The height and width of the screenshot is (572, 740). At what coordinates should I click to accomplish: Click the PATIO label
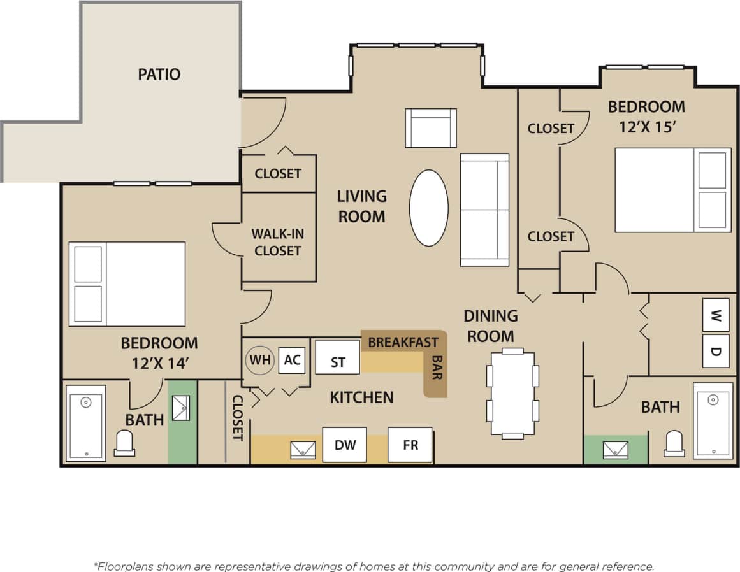pyautogui.click(x=159, y=75)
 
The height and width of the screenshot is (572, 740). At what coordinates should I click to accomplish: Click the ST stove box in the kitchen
pyautogui.click(x=338, y=362)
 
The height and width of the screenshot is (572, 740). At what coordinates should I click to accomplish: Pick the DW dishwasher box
pyautogui.click(x=344, y=445)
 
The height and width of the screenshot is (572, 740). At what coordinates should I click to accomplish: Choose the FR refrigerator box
pyautogui.click(x=410, y=445)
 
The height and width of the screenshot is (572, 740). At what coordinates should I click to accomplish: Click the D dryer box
pyautogui.click(x=715, y=351)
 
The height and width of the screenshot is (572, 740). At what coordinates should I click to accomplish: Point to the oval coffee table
pyautogui.click(x=428, y=208)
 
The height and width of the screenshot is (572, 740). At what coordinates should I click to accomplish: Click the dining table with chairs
pyautogui.click(x=512, y=393)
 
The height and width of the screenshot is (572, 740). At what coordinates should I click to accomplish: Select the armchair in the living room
pyautogui.click(x=431, y=128)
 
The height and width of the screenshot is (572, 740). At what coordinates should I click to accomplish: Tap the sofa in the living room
pyautogui.click(x=484, y=210)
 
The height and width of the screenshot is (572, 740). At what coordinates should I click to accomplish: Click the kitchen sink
pyautogui.click(x=303, y=450)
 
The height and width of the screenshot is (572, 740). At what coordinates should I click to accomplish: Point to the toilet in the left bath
pyautogui.click(x=124, y=443)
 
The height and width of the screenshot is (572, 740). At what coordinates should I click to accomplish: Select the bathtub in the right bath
pyautogui.click(x=713, y=420)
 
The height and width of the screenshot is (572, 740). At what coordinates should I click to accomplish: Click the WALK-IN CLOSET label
pyautogui.click(x=277, y=243)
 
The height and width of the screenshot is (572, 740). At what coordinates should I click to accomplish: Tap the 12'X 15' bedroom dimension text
pyautogui.click(x=647, y=127)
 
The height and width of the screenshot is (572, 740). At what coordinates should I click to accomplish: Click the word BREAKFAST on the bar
pyautogui.click(x=403, y=343)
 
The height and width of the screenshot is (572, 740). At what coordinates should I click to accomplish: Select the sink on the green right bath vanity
pyautogui.click(x=615, y=450)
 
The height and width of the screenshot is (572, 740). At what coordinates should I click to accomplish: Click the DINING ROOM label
pyautogui.click(x=490, y=325)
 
